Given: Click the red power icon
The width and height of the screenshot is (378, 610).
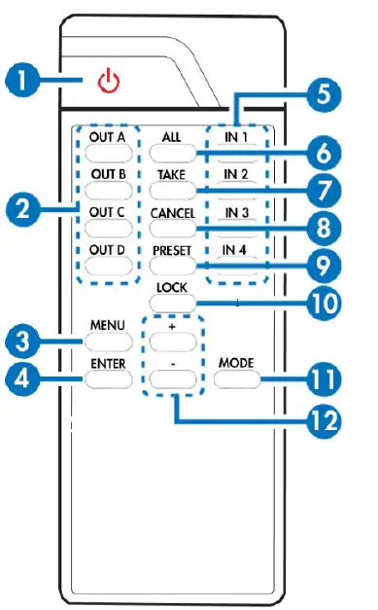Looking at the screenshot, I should [110, 82].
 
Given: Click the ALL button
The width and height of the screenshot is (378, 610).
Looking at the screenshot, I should [174, 153].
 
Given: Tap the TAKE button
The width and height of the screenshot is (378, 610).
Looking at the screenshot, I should [174, 191].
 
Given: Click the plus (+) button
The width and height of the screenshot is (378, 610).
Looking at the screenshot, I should [174, 340].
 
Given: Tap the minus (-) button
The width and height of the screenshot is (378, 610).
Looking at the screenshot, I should [174, 377].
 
